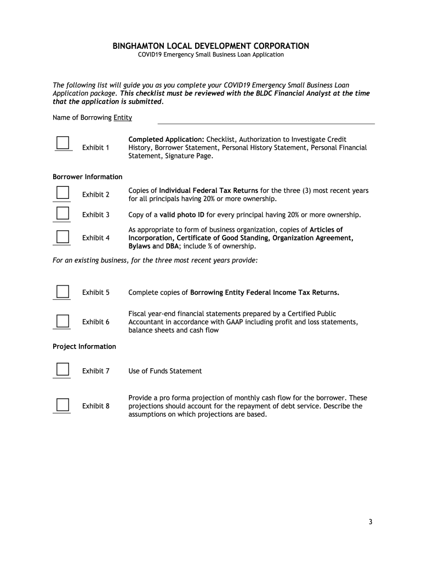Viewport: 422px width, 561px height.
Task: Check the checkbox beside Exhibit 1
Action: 63,142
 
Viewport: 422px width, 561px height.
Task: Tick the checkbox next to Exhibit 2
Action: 63,192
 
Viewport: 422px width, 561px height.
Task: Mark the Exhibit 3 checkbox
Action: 63,213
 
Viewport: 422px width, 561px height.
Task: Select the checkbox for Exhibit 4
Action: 63,236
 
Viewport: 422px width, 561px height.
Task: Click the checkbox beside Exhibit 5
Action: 63,291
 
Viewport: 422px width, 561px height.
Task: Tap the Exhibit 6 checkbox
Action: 63,320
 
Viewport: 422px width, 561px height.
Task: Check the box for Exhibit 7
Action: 63,369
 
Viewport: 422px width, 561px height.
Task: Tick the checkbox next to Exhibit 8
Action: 63,405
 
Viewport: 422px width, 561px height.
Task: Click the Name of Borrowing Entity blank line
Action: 266,120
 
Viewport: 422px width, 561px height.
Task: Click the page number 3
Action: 370,522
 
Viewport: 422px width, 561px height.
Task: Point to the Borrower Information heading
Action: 87,177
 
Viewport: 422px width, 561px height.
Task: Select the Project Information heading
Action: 84,347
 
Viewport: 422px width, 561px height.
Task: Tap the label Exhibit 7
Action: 95,371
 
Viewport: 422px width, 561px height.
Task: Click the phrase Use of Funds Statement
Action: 165,371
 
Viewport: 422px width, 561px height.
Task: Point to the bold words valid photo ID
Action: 182,215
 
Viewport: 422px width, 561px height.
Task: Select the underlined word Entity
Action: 123,118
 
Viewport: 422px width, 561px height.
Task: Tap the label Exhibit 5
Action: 95,293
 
